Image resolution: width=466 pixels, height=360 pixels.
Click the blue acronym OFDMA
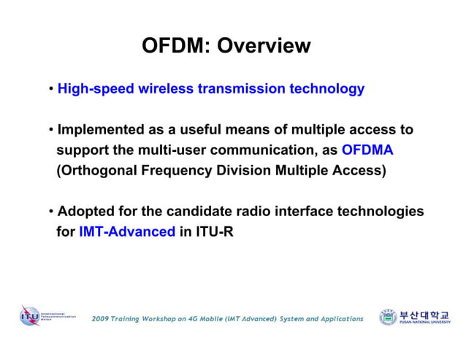point(367,150)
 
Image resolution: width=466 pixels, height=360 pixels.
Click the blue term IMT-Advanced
point(126,232)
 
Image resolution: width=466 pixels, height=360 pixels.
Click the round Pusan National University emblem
point(388,317)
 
